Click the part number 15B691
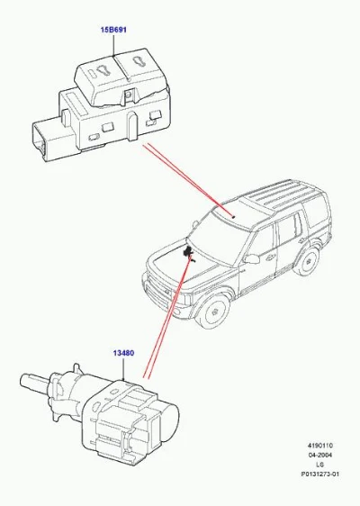click(x=113, y=30)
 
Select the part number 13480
click(x=123, y=353)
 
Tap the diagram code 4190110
click(x=320, y=446)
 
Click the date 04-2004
click(x=320, y=455)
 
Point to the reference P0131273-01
click(x=320, y=474)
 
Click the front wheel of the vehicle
click(x=213, y=310)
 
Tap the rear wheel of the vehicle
click(x=309, y=261)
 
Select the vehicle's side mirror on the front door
click(x=252, y=258)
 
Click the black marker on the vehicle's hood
click(x=188, y=251)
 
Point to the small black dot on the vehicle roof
click(x=234, y=216)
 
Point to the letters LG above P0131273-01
click(x=320, y=465)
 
